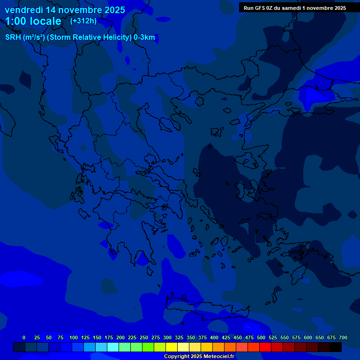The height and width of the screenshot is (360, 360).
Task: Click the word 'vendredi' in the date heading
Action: tap(24, 10)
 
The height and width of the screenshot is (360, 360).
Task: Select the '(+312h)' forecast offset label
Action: tap(83, 21)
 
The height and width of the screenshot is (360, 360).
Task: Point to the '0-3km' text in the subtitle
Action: tap(144, 37)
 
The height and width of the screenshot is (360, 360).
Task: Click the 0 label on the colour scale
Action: tap(24, 337)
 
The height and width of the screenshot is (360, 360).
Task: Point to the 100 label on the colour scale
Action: tap(74, 337)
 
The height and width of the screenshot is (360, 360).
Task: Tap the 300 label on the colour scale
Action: tap(167, 337)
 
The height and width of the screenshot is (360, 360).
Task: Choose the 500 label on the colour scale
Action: tap(261, 337)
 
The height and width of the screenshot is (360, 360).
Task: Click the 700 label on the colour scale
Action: tap(343, 337)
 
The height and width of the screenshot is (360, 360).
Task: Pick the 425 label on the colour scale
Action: tap(226, 337)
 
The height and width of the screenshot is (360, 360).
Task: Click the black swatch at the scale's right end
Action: tap(336, 347)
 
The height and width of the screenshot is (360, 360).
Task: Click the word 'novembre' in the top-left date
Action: tap(75, 10)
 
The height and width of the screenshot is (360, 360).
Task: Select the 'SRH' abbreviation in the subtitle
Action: tap(13, 37)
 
